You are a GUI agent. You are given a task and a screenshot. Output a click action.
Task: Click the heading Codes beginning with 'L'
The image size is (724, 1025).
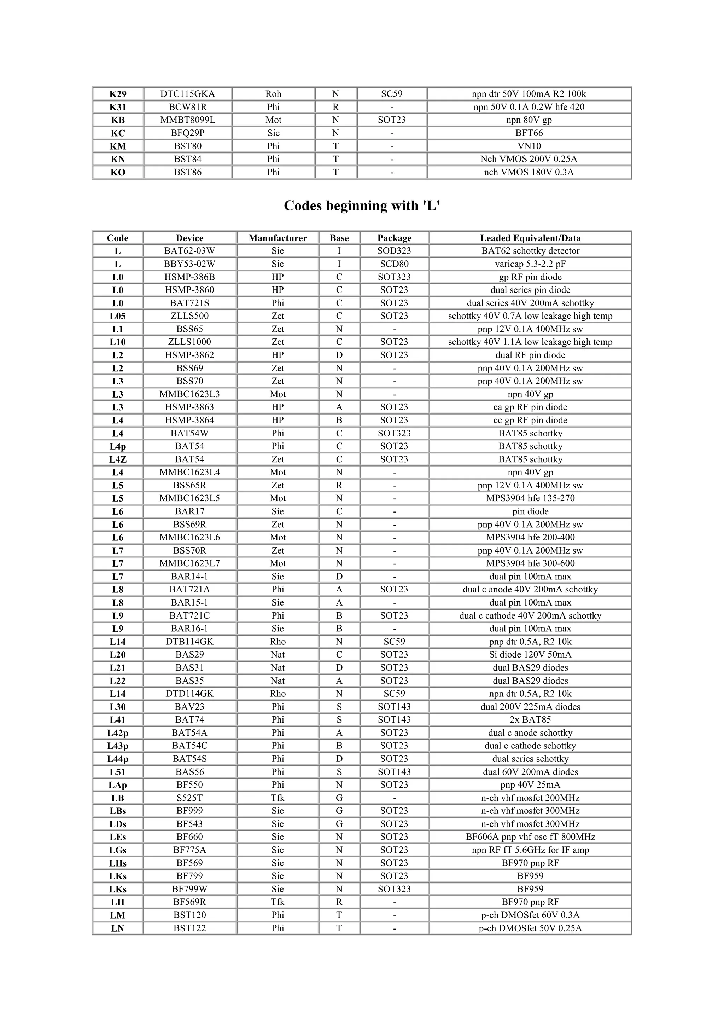pyautogui.click(x=362, y=206)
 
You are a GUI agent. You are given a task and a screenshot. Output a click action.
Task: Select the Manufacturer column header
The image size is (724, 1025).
pyautogui.click(x=278, y=238)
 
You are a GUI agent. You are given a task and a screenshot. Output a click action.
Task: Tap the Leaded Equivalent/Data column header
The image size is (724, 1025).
pyautogui.click(x=530, y=238)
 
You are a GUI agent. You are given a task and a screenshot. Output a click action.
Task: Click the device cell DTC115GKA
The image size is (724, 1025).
pyautogui.click(x=187, y=94)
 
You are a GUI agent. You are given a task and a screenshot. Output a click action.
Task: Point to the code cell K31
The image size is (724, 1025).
pyautogui.click(x=118, y=107)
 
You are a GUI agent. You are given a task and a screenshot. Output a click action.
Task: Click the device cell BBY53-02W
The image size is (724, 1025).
pyautogui.click(x=189, y=264)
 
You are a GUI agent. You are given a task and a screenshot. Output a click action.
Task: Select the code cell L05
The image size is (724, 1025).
pyautogui.click(x=118, y=316)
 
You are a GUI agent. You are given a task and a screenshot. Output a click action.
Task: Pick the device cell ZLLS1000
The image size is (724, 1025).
pyautogui.click(x=189, y=342)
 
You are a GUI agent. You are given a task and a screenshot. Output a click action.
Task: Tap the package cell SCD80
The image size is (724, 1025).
pyautogui.click(x=394, y=264)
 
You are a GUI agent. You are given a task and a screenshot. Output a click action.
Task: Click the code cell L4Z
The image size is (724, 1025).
pyautogui.click(x=118, y=459)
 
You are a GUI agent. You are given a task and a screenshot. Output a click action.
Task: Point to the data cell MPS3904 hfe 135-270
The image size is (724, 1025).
pyautogui.click(x=530, y=498)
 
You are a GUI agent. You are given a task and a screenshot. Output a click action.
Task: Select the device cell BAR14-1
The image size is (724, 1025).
pyautogui.click(x=189, y=576)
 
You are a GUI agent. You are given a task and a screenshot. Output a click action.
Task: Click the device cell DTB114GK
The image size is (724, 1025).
pyautogui.click(x=189, y=642)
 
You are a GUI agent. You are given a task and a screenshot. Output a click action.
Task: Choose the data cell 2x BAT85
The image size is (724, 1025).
pyautogui.click(x=530, y=720)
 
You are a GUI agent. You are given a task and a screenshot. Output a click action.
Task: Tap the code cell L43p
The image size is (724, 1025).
pyautogui.click(x=118, y=746)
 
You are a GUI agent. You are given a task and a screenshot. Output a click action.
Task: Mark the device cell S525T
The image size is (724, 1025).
pyautogui.click(x=189, y=798)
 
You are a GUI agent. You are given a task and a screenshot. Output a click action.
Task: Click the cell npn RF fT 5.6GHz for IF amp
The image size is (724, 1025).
pyautogui.click(x=530, y=850)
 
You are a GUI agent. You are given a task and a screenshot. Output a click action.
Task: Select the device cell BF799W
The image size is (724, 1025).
pyautogui.click(x=189, y=889)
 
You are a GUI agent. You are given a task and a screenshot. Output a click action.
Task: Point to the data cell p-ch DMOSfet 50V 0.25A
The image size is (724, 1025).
pyautogui.click(x=530, y=928)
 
